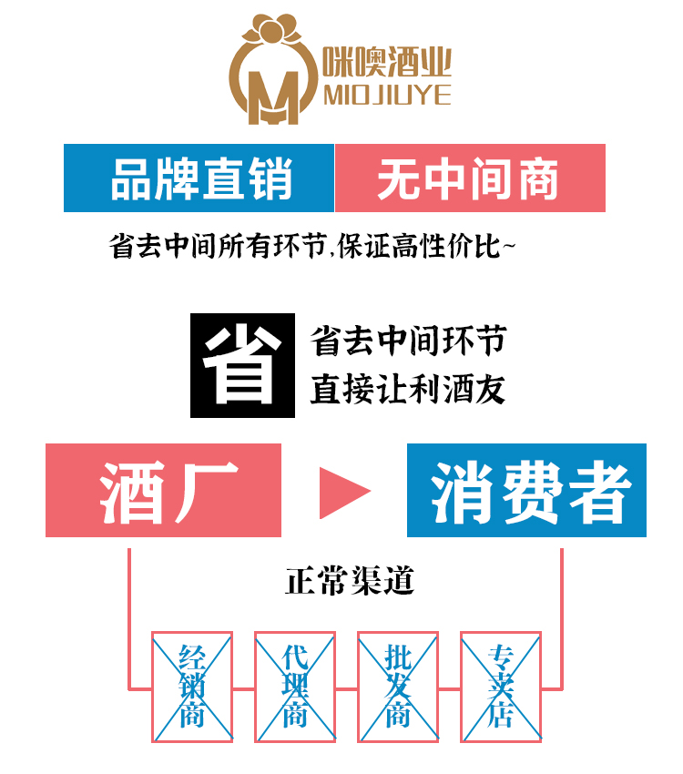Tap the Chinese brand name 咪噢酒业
[x=387, y=64]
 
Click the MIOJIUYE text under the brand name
[x=387, y=96]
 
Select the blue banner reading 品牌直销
[x=199, y=178]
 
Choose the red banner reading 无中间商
[x=470, y=178]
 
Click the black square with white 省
[x=242, y=365]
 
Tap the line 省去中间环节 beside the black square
[x=407, y=341]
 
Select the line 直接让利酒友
[x=407, y=389]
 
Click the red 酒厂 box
[x=164, y=491]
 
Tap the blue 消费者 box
[x=526, y=491]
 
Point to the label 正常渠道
[x=350, y=580]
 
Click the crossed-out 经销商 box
[x=191, y=685]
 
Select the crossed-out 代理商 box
[x=294, y=685]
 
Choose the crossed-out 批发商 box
[x=397, y=685]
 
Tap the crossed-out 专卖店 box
[x=500, y=685]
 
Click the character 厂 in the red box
[x=209, y=491]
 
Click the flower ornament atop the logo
[x=273, y=29]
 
